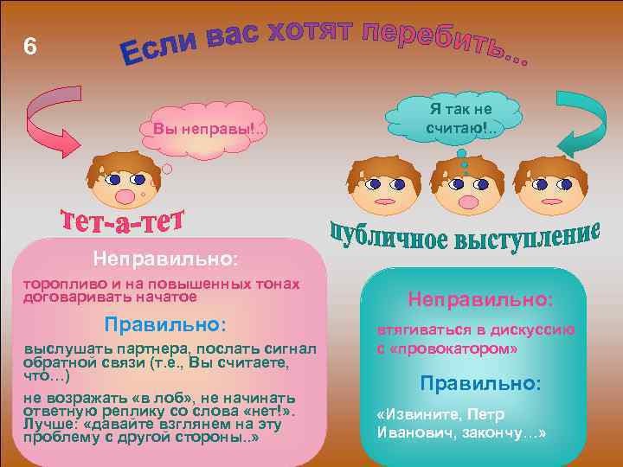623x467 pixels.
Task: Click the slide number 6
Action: [30, 48]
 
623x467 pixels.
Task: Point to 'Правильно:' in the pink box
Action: [165, 324]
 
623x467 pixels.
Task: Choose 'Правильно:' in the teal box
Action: [480, 382]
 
